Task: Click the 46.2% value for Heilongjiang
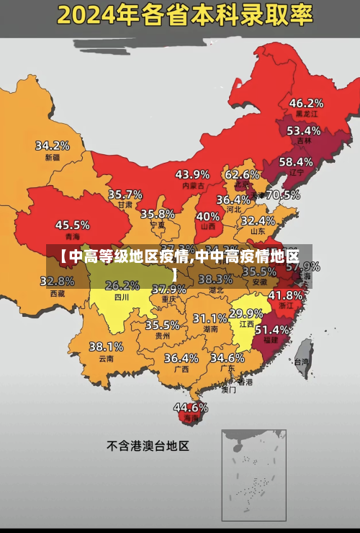[x=306, y=103]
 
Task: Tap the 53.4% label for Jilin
[x=303, y=131]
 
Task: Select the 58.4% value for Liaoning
[x=296, y=162]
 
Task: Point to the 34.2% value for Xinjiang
[x=53, y=145]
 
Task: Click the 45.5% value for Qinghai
[x=73, y=225]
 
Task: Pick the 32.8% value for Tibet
[x=57, y=281]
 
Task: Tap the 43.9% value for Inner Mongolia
[x=192, y=174]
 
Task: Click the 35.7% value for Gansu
[x=125, y=194]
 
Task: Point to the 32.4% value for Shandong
[x=258, y=220]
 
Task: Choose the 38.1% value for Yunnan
[x=106, y=346]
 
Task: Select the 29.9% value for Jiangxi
[x=246, y=313]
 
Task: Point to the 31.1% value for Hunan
[x=210, y=318]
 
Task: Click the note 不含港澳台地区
[x=148, y=446]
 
